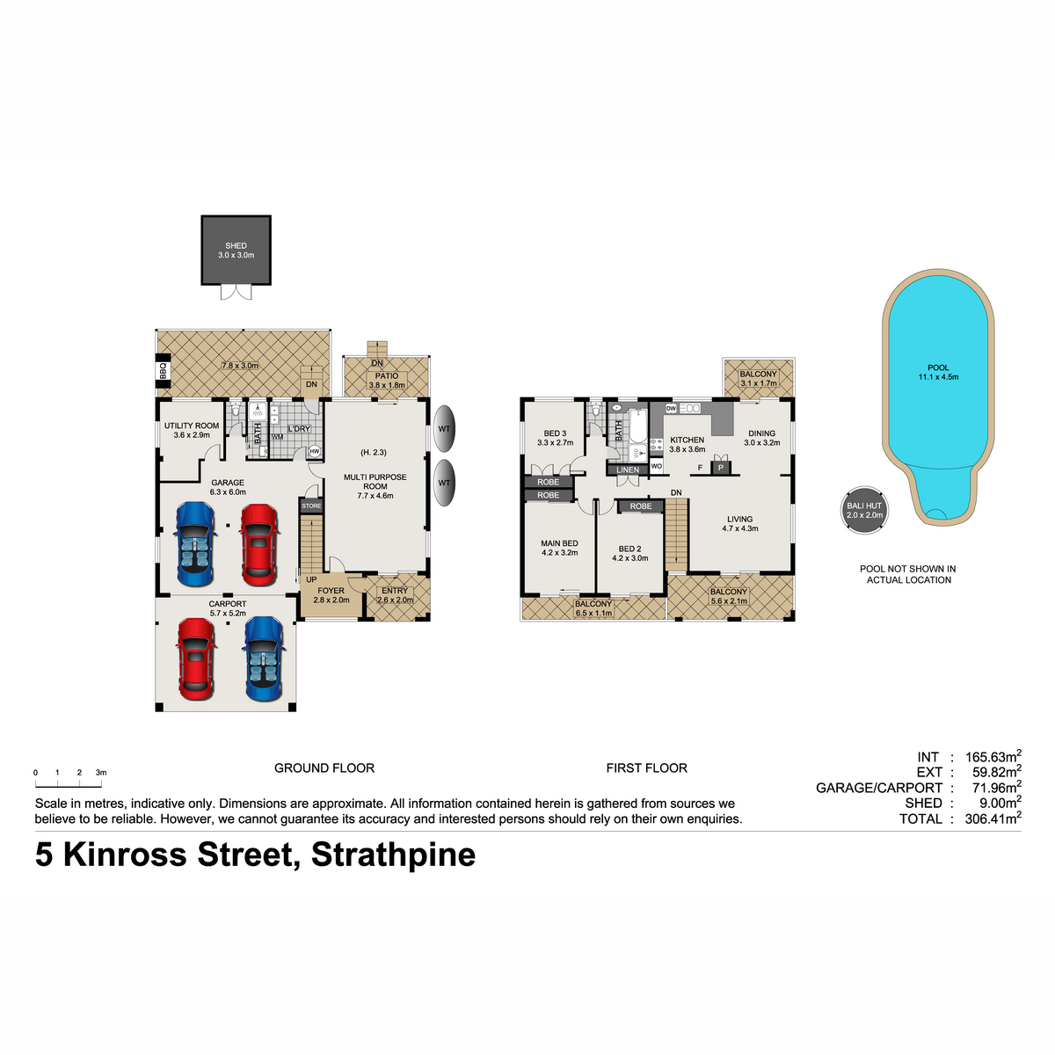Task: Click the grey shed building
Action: [x=236, y=251]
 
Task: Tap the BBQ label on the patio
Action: [x=163, y=372]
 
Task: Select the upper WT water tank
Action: [x=445, y=428]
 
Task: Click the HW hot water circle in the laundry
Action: [x=314, y=452]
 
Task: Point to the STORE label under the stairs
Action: [x=311, y=506]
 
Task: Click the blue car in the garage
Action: [x=195, y=544]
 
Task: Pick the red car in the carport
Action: [x=196, y=659]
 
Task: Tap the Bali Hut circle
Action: [x=864, y=510]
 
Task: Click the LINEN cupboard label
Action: [x=628, y=469]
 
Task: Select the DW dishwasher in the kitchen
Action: [x=671, y=409]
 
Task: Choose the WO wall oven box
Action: [x=657, y=467]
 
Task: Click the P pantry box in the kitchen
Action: [x=721, y=468]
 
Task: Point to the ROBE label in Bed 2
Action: [x=641, y=506]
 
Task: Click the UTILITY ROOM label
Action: [x=192, y=426]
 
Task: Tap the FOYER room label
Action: [x=331, y=591]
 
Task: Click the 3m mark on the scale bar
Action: [x=101, y=773]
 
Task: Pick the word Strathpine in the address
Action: [x=393, y=855]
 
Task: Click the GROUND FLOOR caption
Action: [x=324, y=768]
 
